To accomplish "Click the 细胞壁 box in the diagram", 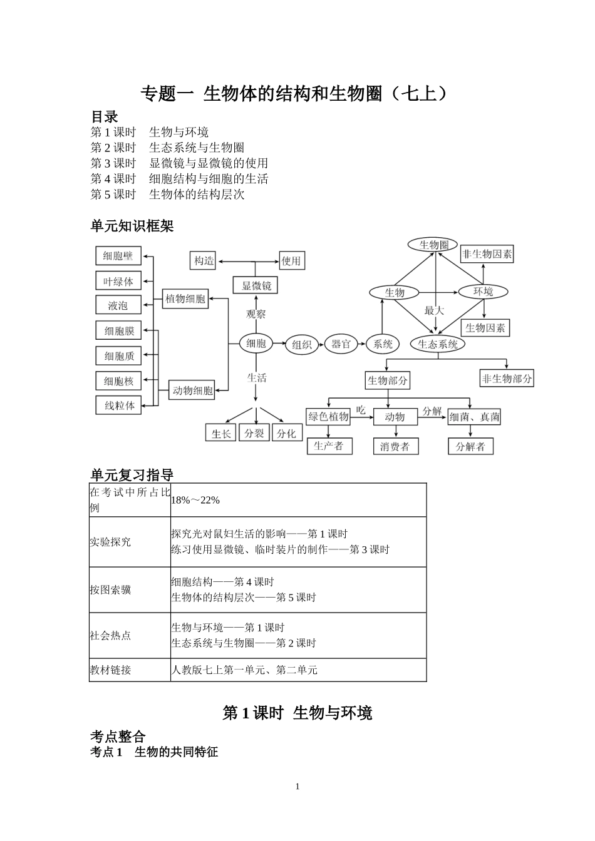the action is (118, 256).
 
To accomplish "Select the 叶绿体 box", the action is (118, 282).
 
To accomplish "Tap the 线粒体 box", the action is (119, 405).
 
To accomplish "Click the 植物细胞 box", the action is (185, 299).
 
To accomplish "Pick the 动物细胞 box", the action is (192, 390).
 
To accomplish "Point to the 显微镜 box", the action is (256, 286).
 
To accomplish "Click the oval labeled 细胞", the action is (256, 343).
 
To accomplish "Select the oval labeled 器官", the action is (341, 344).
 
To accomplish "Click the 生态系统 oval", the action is (438, 344).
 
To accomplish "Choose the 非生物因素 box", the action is (487, 254).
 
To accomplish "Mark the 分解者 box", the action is (470, 446).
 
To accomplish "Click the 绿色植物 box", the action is (329, 417).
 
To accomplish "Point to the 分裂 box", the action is (254, 433).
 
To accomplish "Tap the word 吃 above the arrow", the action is (361, 410).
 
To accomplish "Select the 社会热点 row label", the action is (111, 635).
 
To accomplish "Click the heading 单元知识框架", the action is (132, 227).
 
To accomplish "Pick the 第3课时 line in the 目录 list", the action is (179, 163).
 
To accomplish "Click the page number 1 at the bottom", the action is (297, 787).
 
